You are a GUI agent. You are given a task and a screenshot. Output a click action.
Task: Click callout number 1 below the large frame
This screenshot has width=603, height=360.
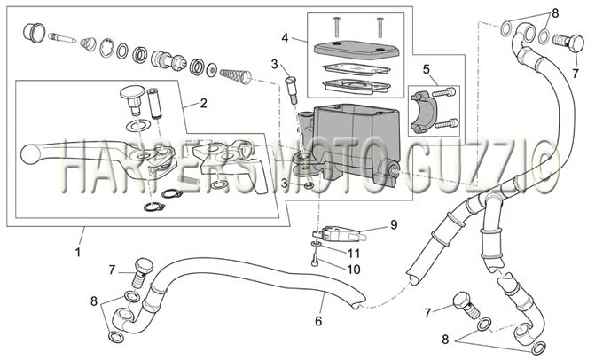tap(78, 253)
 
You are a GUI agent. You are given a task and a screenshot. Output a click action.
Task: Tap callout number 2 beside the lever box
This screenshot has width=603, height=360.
tap(203, 103)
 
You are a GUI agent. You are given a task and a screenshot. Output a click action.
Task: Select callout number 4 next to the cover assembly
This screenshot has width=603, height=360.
tap(285, 38)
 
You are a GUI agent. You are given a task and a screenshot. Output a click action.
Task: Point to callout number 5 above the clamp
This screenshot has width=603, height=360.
tap(426, 69)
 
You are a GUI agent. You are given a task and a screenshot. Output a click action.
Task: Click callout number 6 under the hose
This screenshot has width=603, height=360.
tap(318, 321)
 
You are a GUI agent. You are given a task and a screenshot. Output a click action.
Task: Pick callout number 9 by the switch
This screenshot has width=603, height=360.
tap(394, 224)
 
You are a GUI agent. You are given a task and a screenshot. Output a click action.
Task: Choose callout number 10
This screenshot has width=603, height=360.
tap(354, 270)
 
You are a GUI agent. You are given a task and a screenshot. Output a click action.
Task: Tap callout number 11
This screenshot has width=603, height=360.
tap(354, 253)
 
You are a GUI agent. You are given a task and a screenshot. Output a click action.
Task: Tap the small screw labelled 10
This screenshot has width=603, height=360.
tap(314, 262)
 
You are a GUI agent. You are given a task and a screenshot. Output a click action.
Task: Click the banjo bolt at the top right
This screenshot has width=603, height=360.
tap(568, 42)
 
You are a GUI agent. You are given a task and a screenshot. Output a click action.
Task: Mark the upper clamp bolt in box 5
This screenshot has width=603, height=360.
tap(444, 92)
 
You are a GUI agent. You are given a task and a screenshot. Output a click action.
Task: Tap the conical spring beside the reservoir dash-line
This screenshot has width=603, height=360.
tap(235, 75)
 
